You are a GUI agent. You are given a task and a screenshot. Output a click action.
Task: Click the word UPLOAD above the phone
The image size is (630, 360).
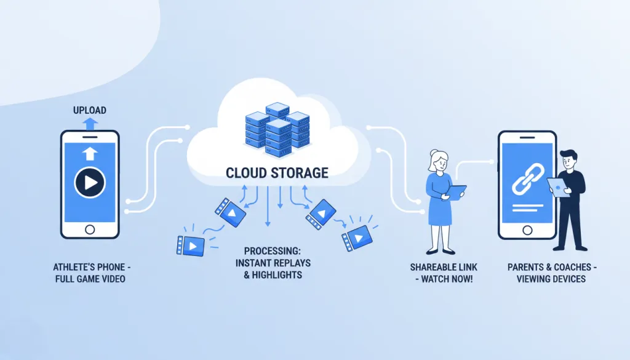coord(90,110)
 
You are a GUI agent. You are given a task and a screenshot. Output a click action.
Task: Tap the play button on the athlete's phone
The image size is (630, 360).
coord(90,182)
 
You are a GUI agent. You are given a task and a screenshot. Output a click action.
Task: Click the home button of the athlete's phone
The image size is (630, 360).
coord(90,230)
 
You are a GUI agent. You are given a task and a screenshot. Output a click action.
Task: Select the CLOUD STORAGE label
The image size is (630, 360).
coord(277,172)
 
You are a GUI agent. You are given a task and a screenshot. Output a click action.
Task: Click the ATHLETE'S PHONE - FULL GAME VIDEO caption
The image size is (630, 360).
coord(90,273)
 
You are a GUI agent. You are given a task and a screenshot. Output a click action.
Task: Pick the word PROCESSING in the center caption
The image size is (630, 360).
coord(272,251)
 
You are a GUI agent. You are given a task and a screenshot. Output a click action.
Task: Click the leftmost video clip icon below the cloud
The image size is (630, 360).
coord(189,244)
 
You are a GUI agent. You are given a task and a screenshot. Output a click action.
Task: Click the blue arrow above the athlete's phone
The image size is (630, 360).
coord(90,124)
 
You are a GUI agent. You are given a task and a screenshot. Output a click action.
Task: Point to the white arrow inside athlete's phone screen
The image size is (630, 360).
coord(90,154)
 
